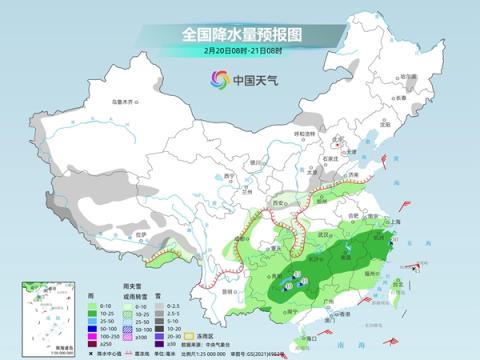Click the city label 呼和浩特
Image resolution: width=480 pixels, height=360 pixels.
tap(304, 133)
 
